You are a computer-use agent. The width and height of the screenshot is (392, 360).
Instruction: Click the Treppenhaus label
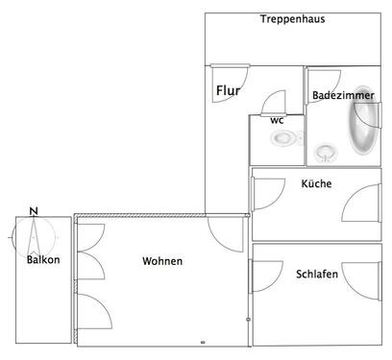290,19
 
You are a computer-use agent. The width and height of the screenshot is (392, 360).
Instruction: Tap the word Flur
228,91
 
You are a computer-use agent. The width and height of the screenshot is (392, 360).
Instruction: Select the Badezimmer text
342,95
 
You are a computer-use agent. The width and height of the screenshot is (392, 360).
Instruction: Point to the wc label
277,120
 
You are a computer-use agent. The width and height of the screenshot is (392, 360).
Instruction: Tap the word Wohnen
162,261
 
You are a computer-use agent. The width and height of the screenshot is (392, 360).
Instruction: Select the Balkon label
43,260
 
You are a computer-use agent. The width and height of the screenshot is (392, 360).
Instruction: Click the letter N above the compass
34,211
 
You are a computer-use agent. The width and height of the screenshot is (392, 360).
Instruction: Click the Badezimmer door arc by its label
318,80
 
